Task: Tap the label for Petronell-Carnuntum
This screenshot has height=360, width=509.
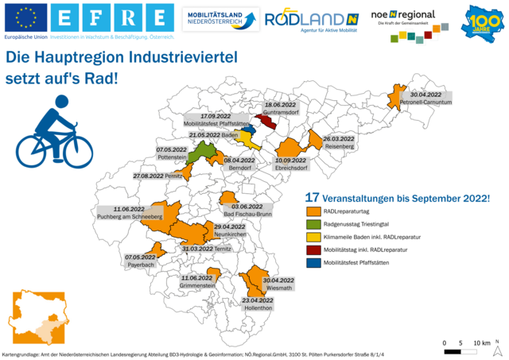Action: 421,98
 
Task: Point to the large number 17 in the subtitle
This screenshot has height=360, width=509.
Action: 312,197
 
